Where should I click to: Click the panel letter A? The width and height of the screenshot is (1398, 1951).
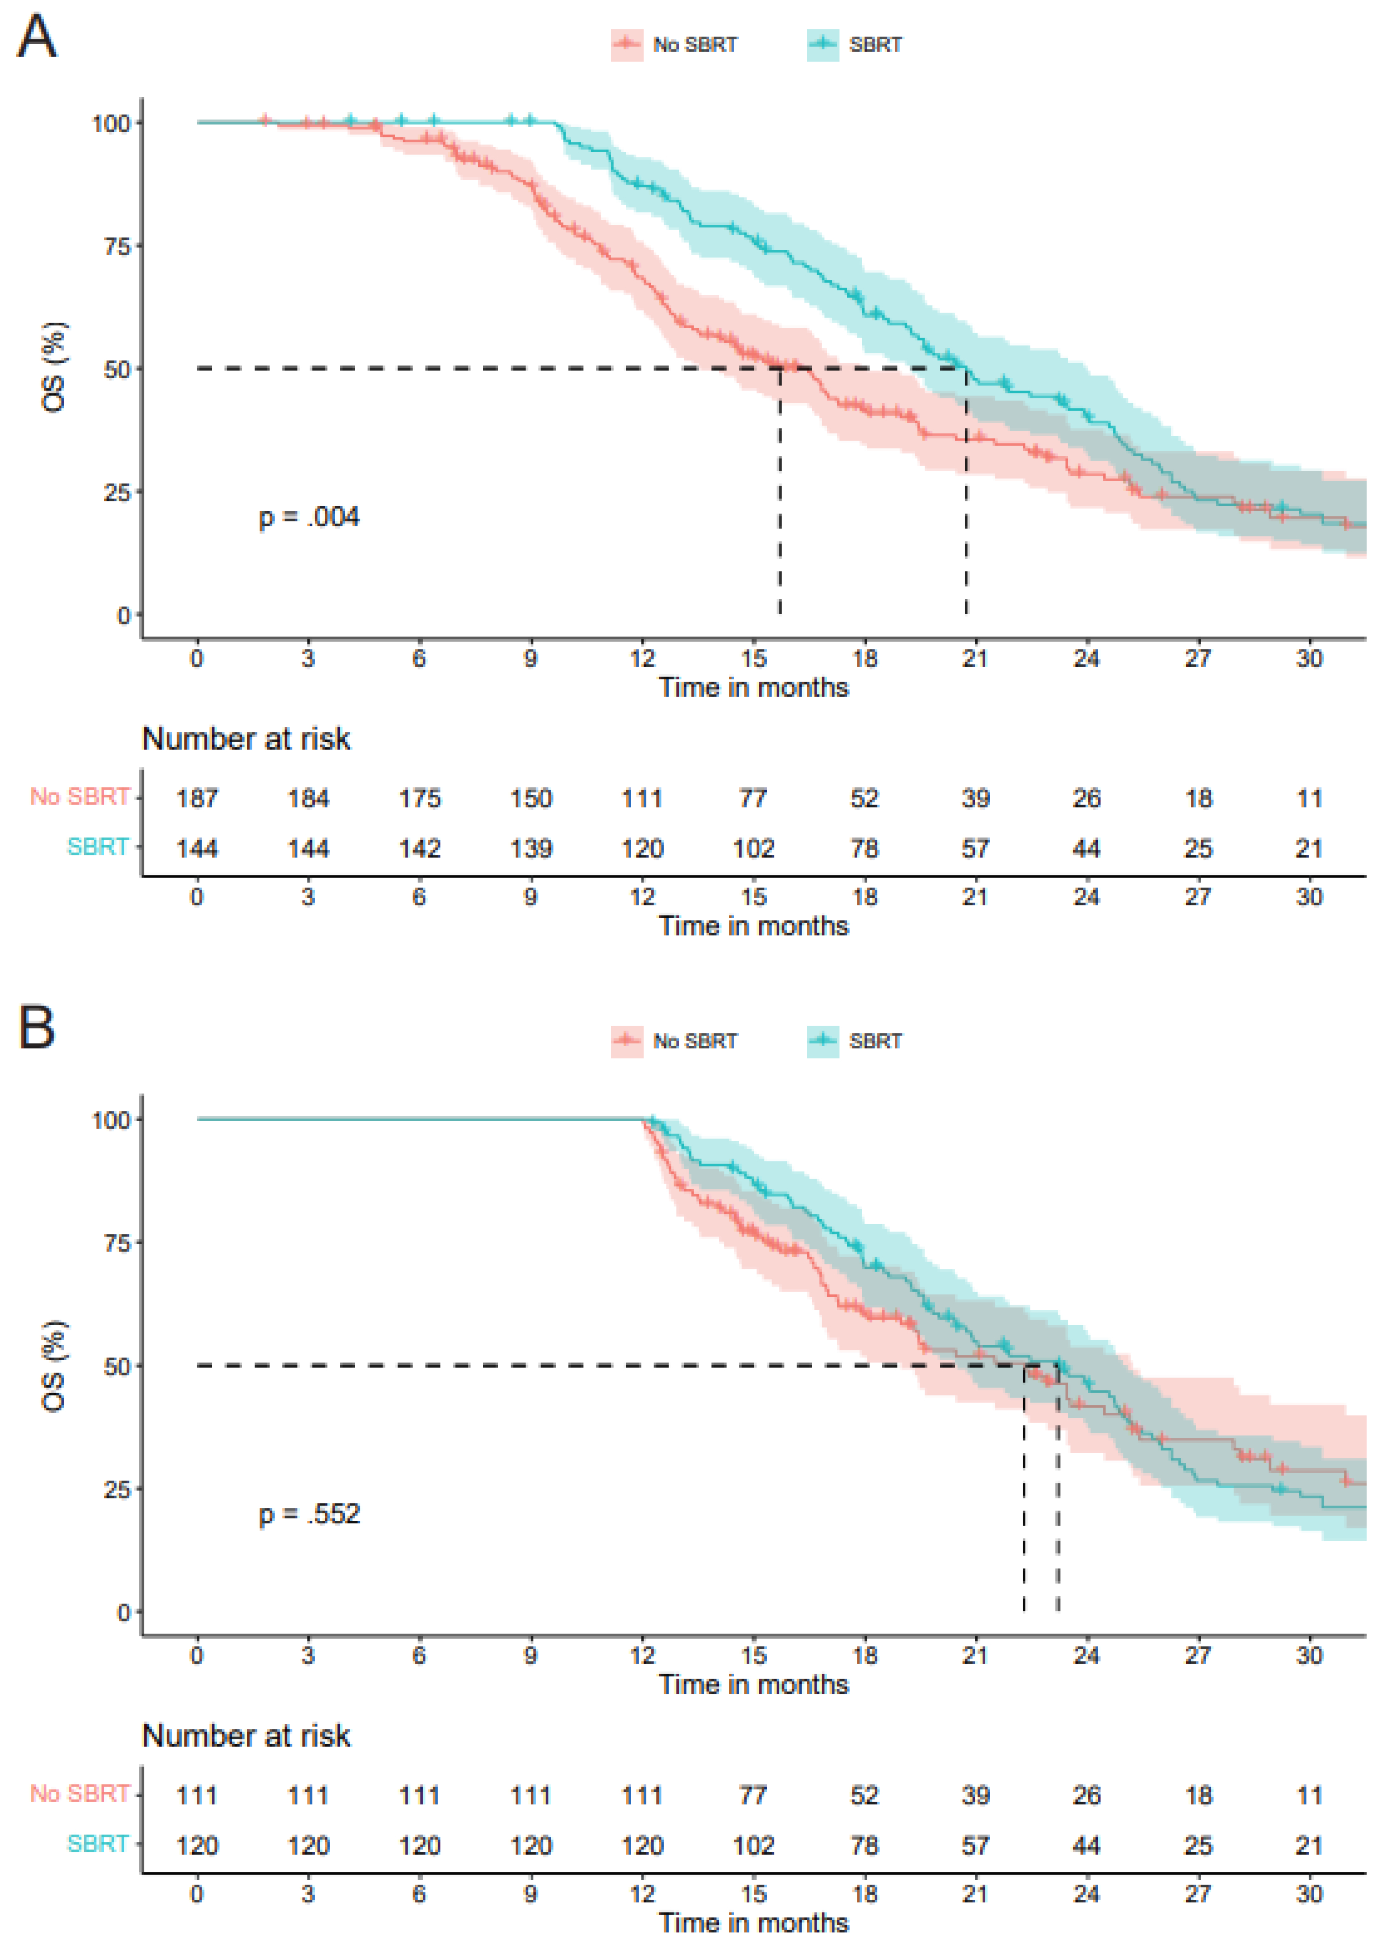pyautogui.click(x=37, y=38)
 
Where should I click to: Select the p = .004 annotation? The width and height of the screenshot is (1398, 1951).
pyautogui.click(x=309, y=517)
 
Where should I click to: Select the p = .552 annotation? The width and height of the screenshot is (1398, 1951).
pyautogui.click(x=309, y=1513)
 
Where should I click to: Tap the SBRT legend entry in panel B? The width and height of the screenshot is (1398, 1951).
pyautogui.click(x=854, y=1040)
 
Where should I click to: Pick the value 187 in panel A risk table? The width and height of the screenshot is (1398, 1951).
pyautogui.click(x=197, y=798)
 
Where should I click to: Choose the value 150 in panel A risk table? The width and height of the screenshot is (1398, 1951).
pyautogui.click(x=531, y=798)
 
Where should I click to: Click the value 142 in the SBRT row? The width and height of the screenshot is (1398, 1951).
pyautogui.click(x=420, y=848)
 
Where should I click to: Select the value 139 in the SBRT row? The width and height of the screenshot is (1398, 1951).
pyautogui.click(x=531, y=848)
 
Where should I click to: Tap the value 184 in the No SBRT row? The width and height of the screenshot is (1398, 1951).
pyautogui.click(x=308, y=798)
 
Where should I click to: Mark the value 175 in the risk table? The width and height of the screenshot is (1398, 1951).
pyautogui.click(x=420, y=798)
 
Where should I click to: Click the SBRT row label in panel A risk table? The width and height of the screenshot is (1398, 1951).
pyautogui.click(x=98, y=847)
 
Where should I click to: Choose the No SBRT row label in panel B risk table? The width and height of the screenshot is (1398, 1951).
pyautogui.click(x=80, y=1794)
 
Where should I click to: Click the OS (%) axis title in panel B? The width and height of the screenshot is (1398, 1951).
pyautogui.click(x=54, y=1365)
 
